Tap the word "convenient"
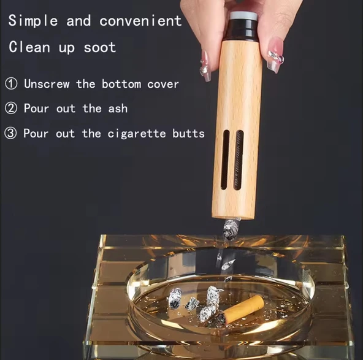coord(140,21)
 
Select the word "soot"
coord(100,47)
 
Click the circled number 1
coord(11,83)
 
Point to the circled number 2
coord(11,108)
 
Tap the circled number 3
coord(10,133)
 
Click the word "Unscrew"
coord(47,83)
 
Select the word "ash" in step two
coord(118,109)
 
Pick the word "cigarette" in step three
coord(137,134)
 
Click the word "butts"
coord(189,133)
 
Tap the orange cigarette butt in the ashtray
coord(242,308)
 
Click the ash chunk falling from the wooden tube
coord(231,229)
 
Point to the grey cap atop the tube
coord(243,16)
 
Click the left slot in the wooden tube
coord(225,159)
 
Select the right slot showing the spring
coord(239,160)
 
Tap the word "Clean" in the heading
coord(29,47)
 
